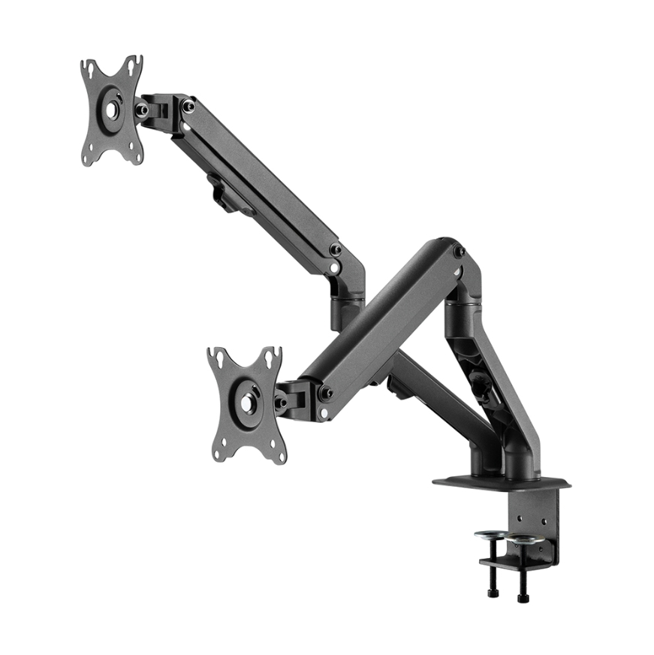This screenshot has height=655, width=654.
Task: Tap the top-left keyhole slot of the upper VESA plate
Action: tap(89, 69)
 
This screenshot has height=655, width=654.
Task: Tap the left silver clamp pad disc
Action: tap(490, 535)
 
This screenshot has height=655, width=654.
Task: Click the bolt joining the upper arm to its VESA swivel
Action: tap(188, 107)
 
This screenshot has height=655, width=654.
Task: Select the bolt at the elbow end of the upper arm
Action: tap(335, 249)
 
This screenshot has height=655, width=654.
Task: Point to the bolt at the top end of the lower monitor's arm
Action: tap(458, 251)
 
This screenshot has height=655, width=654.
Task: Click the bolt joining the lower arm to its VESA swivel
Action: tap(326, 393)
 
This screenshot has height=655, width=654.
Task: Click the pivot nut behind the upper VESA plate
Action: tap(141, 110)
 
